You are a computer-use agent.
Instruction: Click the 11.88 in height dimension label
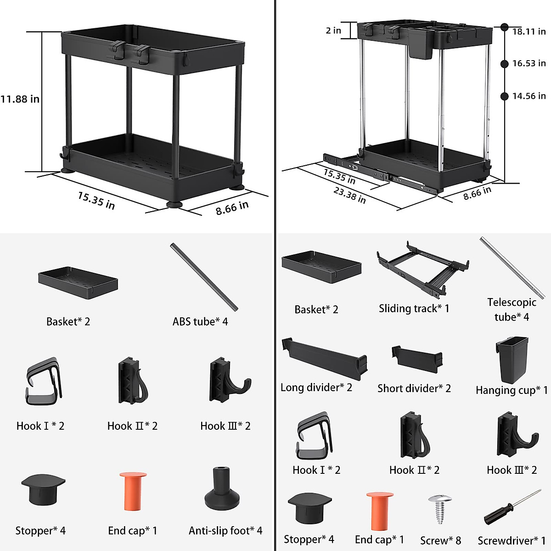20,99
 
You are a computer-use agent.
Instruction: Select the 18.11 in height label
529,31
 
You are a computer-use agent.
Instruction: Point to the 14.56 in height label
529,96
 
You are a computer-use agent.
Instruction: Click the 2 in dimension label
333,31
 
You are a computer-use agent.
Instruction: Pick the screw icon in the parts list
439,508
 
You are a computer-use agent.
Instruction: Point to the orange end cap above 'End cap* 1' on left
133,491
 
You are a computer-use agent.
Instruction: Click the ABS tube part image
204,277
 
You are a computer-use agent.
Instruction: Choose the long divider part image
324,358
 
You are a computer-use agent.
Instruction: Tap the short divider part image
417,358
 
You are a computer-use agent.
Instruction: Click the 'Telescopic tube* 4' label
512,309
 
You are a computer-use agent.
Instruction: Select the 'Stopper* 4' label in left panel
40,531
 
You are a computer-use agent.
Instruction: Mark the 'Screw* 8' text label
440,540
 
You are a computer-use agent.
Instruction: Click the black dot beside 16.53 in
505,64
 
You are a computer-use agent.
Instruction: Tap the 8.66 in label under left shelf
232,208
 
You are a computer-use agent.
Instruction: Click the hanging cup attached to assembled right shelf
421,50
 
